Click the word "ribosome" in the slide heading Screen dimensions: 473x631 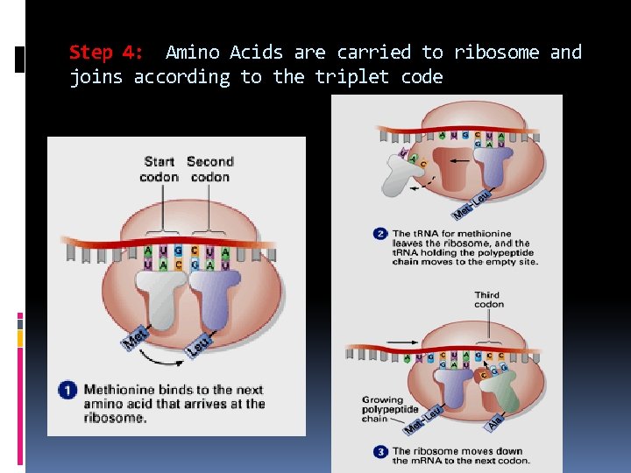498,53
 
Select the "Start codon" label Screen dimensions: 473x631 159,169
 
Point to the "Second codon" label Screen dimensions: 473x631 209,169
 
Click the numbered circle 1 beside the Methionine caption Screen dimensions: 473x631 68,392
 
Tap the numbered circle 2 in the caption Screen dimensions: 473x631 379,234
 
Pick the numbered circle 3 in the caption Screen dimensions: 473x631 379,451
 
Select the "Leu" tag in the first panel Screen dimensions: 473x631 199,345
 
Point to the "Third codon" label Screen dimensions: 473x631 489,300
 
